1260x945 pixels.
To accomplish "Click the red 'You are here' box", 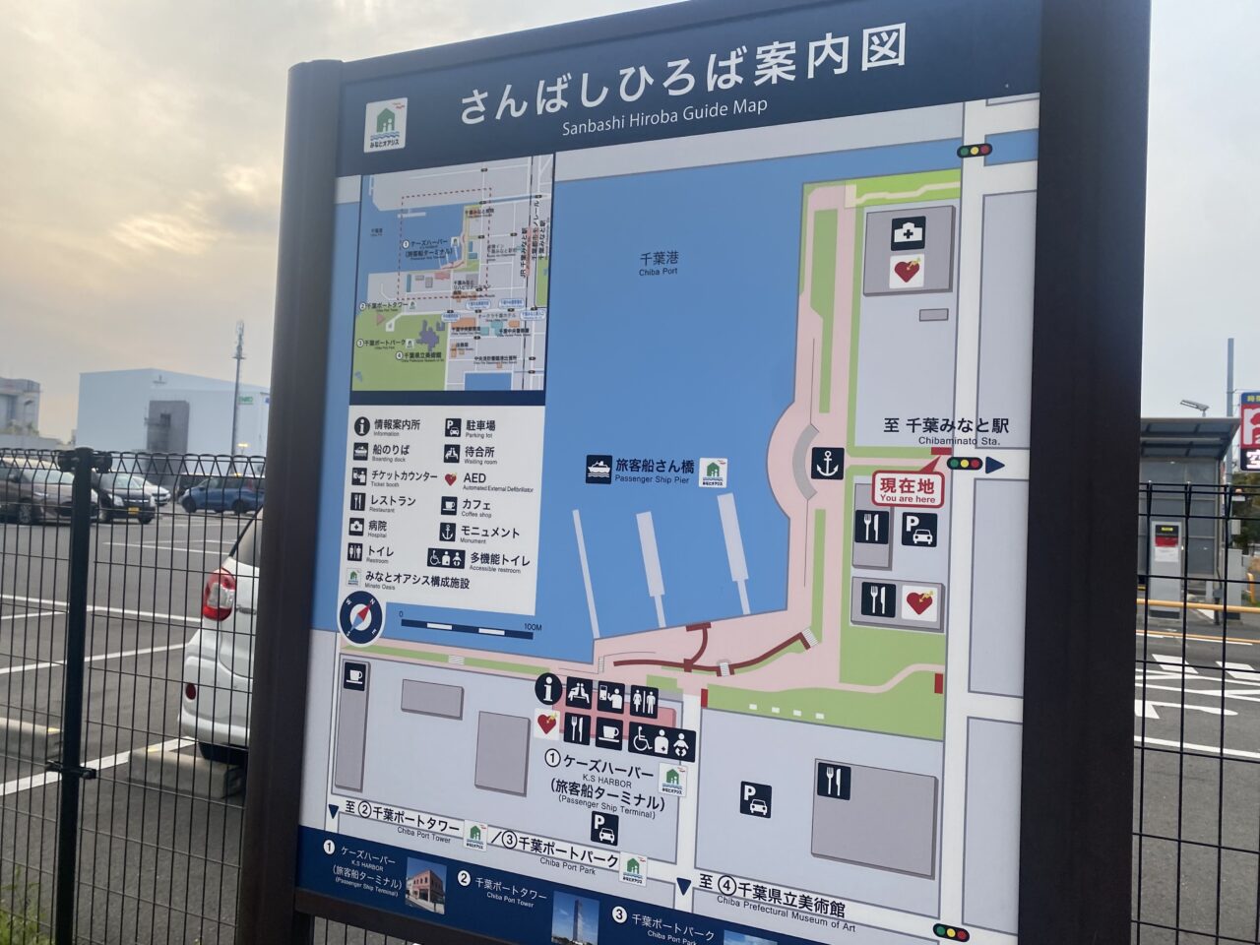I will pos(907,489).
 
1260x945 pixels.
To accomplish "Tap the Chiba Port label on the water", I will pos(659,262).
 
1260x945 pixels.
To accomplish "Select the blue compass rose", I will pos(360,618).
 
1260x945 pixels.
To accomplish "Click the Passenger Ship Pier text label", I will pos(655,471).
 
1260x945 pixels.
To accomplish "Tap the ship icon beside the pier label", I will pos(598,469).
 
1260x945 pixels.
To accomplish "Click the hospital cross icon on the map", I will pos(908,233).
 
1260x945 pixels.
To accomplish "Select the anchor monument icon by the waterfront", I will pos(828,463).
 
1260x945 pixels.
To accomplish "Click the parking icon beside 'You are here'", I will pos(919,530).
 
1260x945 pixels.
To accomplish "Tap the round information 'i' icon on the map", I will pos(547,689).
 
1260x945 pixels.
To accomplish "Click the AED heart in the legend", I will pos(450,480).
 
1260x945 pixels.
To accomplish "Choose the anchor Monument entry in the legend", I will pos(447,533).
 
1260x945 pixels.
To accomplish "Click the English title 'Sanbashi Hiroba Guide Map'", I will pos(664,116).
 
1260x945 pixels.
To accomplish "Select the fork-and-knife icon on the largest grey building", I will pos(833,781).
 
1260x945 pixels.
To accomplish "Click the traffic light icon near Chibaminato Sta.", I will pos(965,463).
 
